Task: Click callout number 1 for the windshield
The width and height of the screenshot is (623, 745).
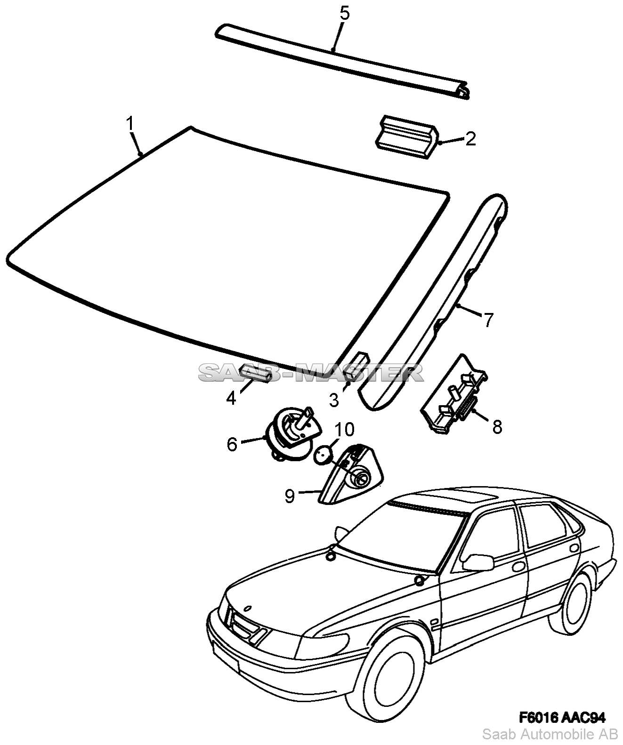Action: pos(130,124)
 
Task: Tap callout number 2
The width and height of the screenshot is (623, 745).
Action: pos(470,138)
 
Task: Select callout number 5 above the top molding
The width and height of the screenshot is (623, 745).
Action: pos(345,14)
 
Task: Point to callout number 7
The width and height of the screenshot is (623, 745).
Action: pos(488,320)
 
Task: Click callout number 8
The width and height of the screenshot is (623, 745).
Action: pos(497,426)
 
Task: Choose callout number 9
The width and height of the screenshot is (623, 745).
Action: pos(290,496)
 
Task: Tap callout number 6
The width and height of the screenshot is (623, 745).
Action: pos(232,444)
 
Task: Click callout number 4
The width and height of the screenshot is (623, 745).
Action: pos(231,398)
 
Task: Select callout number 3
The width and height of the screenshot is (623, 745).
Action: pos(334,400)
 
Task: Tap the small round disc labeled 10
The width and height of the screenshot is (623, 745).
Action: pos(324,455)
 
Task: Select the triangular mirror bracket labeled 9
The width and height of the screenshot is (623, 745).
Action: pos(351,474)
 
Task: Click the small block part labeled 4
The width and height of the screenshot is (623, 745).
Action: pos(256,373)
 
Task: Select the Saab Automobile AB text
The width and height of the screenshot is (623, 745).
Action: pos(550,735)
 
